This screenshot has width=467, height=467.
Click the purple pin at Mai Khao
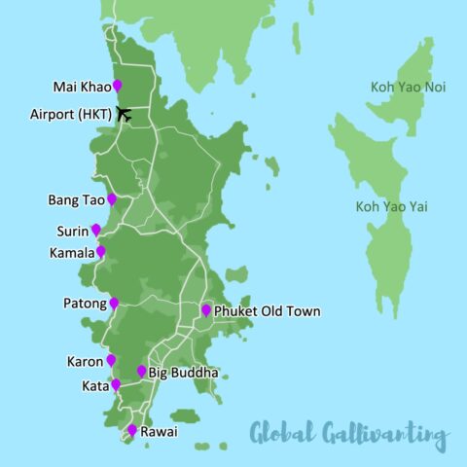118,85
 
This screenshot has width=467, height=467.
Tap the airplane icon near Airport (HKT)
125,113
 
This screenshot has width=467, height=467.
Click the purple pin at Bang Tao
113,198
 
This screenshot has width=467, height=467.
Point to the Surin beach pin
96,230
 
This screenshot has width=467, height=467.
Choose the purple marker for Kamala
101,251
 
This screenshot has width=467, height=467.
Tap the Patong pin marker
114,303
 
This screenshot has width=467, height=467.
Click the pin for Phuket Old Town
206,310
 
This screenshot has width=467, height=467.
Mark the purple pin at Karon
111,360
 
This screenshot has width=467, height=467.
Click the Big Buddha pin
142,371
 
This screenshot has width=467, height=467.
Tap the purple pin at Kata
116,384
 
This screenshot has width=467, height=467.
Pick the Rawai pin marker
132,430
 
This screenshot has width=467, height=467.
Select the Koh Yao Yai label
392,206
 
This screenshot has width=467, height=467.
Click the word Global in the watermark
282,433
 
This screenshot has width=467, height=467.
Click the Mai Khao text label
82,86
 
